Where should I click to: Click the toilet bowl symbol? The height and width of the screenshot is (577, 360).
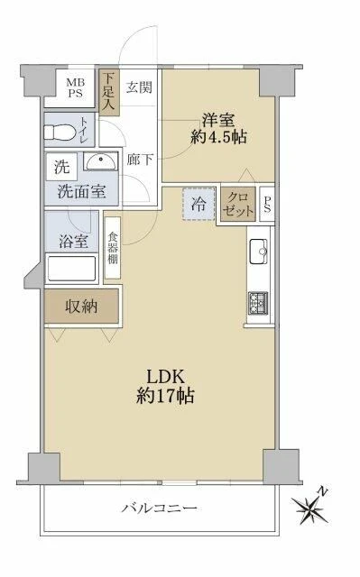[59, 132]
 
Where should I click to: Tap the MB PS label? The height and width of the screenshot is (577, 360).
[75, 88]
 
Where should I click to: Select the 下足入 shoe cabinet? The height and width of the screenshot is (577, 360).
[109, 92]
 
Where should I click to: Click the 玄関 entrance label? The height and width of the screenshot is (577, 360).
[139, 87]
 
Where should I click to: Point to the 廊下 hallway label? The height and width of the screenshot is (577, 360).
[140, 160]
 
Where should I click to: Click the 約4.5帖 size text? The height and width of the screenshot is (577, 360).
[218, 137]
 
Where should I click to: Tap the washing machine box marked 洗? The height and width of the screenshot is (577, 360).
[62, 167]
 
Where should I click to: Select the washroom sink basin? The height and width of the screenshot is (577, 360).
[100, 161]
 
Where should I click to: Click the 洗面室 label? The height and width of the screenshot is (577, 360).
[82, 192]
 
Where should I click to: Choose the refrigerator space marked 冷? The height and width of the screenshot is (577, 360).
[198, 204]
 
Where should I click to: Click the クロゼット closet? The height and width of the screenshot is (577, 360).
[238, 205]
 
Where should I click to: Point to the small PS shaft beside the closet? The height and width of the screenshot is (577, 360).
[267, 205]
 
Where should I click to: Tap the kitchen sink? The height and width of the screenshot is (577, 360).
[259, 252]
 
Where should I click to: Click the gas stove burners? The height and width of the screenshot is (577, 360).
[258, 303]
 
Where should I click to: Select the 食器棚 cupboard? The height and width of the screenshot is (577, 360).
[113, 248]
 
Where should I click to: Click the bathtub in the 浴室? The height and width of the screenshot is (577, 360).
[72, 269]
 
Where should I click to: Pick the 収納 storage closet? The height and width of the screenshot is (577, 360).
[82, 307]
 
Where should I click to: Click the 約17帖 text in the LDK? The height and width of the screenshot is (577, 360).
[165, 397]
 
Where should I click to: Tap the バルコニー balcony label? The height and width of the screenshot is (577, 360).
[160, 508]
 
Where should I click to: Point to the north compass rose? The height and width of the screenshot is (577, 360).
[310, 507]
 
